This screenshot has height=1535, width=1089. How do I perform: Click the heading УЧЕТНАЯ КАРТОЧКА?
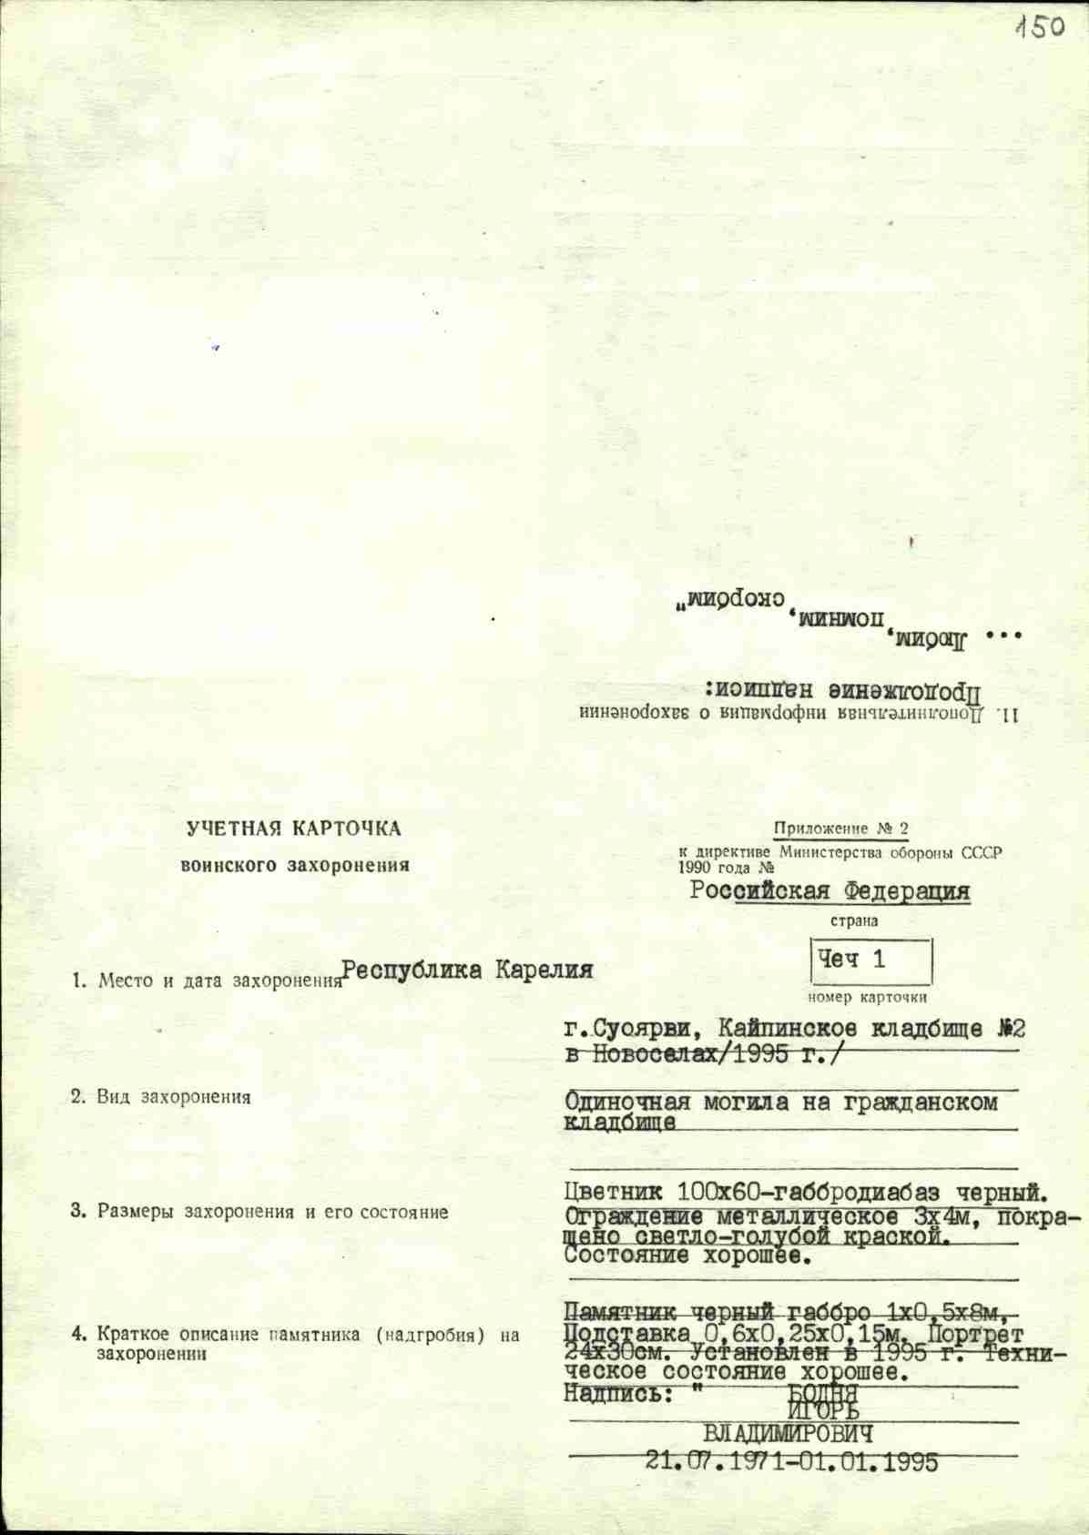click(x=293, y=828)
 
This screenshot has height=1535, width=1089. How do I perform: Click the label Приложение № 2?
click(x=840, y=829)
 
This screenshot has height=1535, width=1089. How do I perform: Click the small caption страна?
click(x=854, y=920)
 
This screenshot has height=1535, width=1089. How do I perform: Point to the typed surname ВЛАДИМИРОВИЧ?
click(x=789, y=1435)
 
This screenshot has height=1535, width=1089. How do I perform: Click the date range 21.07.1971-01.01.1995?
click(x=791, y=1462)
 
